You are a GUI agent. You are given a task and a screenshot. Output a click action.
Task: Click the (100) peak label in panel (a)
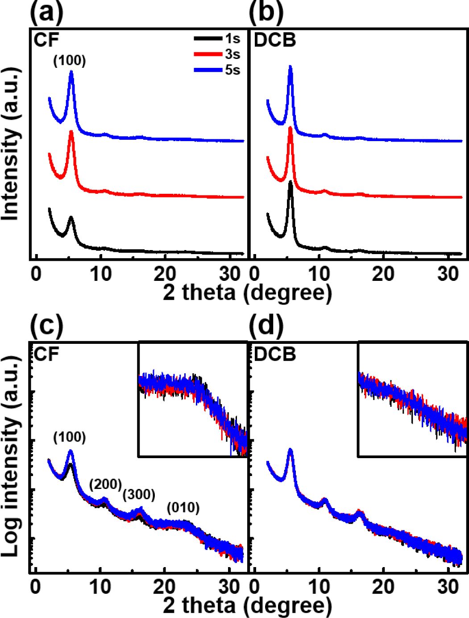(70, 61)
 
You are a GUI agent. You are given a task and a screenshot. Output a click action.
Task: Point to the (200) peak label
(106, 484)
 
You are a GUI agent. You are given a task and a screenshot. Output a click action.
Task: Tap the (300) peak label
(139, 494)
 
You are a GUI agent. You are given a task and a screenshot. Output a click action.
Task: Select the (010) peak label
(183, 507)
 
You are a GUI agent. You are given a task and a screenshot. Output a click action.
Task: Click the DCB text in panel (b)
(275, 41)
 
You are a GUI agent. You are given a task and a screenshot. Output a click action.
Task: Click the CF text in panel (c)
(46, 355)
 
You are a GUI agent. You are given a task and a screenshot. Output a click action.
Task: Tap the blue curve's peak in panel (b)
(291, 67)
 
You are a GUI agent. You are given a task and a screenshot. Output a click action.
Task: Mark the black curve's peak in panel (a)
(71, 217)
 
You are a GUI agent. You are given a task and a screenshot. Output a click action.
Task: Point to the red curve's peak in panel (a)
(71, 132)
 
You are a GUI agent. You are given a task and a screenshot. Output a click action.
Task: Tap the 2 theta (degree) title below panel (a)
(247, 292)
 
